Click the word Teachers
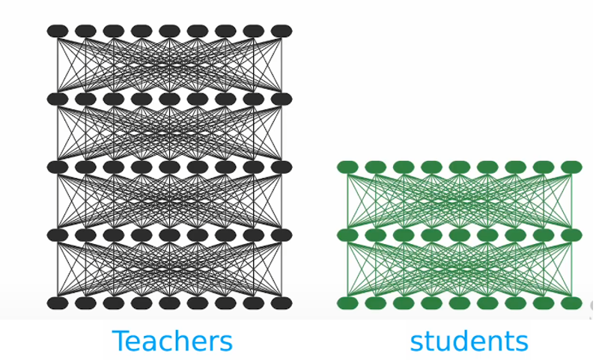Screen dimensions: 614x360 pos(172,341)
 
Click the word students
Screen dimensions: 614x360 pos(469,341)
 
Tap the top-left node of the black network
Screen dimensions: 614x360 pos(58,31)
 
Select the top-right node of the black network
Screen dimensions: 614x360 pos(282,31)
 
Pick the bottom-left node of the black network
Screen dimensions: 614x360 pos(58,303)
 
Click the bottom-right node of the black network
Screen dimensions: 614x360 pos(282,303)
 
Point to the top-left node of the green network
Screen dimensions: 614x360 pos(347,167)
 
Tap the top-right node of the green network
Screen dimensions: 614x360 pos(571,167)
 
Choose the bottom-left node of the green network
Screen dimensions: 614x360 pos(347,303)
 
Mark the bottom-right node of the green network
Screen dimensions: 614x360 pos(571,303)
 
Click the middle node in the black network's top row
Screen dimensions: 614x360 pos(169,31)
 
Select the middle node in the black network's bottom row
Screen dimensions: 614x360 pos(169,303)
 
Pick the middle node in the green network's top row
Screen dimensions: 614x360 pos(459,167)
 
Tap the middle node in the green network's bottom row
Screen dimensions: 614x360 pos(459,303)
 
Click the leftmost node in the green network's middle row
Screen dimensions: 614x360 pos(347,235)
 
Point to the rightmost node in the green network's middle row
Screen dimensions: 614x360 pos(571,235)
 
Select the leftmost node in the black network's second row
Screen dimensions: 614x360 pos(58,99)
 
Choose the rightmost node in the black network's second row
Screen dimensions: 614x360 pos(282,99)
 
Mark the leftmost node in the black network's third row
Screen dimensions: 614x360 pos(58,167)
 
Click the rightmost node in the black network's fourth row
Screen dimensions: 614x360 pos(282,235)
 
